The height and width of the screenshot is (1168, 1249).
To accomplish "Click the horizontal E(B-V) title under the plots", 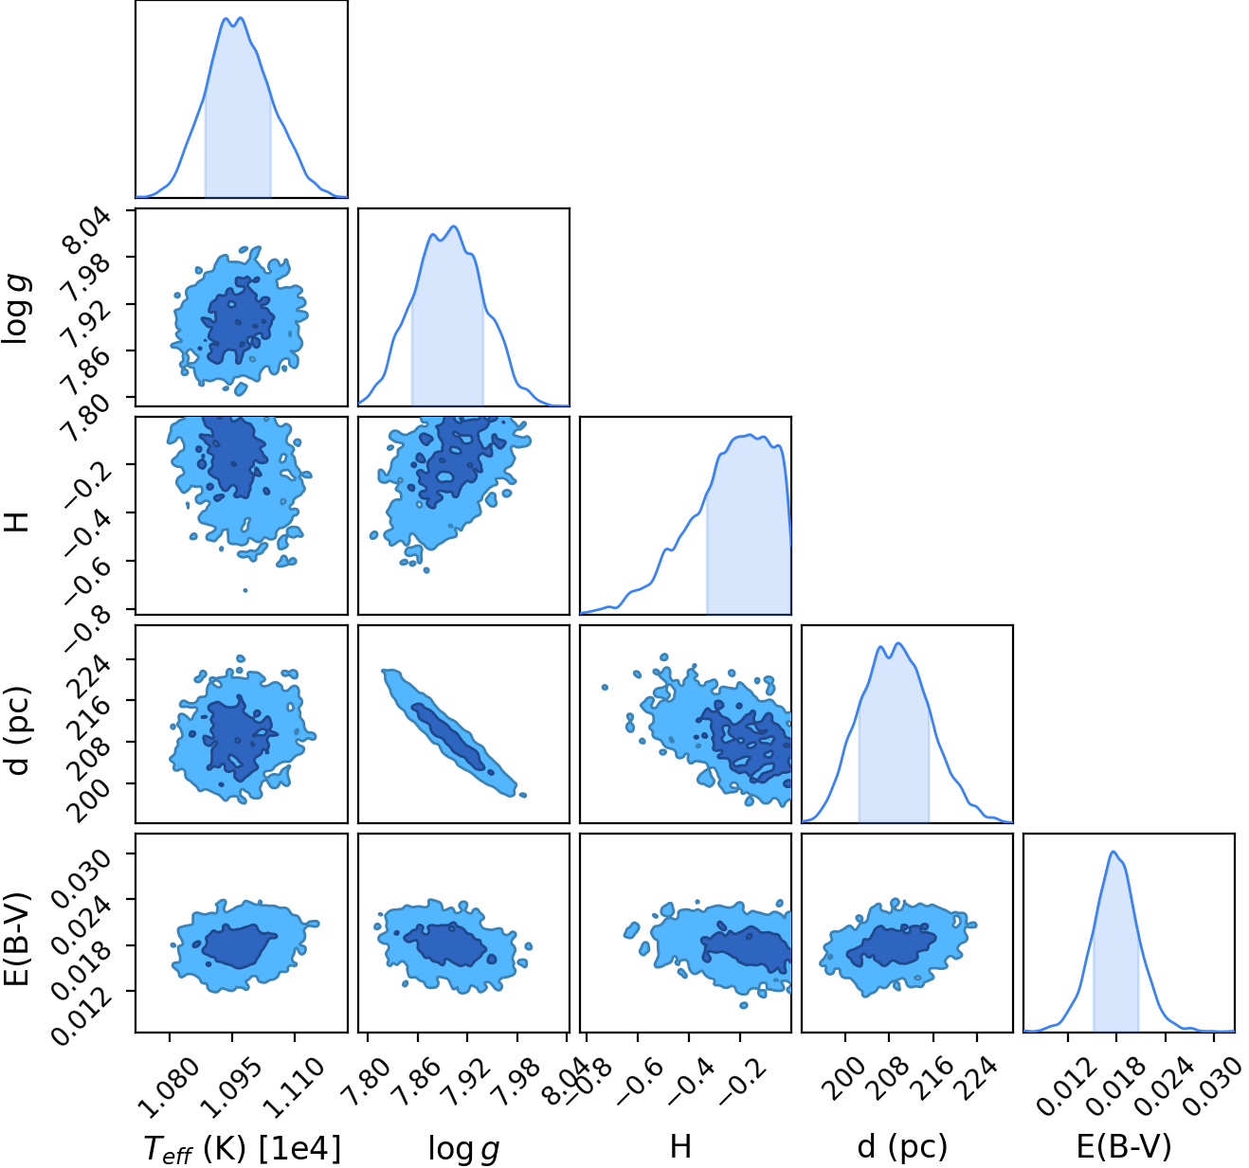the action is pos(1125,1146).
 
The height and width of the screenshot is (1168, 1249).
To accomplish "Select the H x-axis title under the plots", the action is pos(680,1146).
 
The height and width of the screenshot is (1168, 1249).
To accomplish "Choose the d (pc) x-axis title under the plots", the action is pos(902,1146).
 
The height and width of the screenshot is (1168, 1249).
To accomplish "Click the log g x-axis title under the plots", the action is pos(463,1148).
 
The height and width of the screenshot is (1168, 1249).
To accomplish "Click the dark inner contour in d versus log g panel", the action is pos(448,736).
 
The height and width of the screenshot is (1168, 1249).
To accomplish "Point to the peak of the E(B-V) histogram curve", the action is pos(1113,852).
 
